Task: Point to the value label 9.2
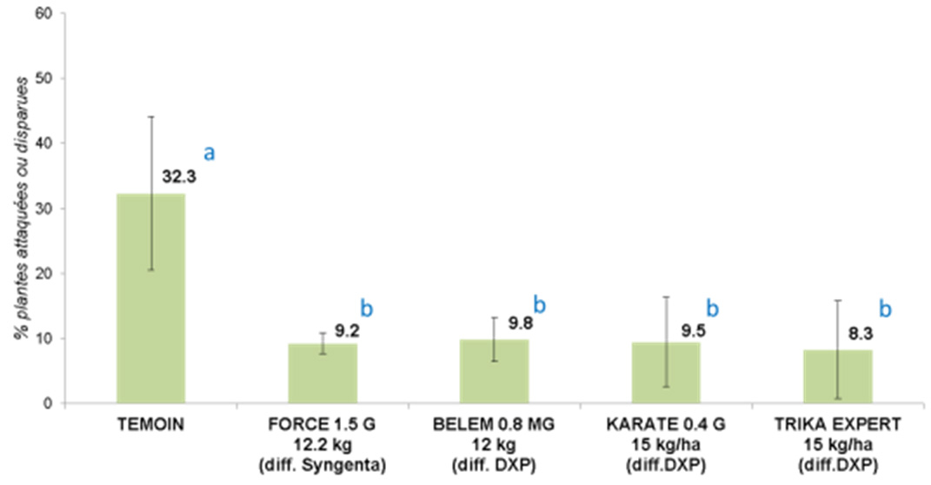pyautogui.click(x=346, y=331)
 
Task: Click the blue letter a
pyautogui.click(x=209, y=154)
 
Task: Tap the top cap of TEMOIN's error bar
pyautogui.click(x=151, y=116)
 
